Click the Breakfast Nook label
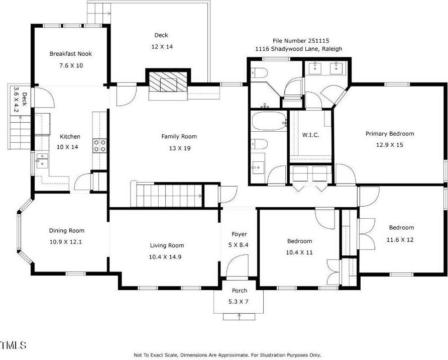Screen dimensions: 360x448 70,54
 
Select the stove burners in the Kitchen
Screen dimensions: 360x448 99,146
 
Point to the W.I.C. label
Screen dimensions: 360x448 310,135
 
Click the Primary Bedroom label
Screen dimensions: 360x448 389,134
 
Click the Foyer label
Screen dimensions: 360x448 239,234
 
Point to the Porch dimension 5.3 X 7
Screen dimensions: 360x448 239,302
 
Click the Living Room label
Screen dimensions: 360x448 167,245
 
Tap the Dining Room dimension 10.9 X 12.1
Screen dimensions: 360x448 66,242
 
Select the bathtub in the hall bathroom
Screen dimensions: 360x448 267,122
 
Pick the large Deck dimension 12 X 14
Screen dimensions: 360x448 161,46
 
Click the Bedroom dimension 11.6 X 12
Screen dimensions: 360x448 400,240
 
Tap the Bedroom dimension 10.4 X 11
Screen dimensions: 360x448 299,252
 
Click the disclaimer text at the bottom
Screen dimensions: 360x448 227,355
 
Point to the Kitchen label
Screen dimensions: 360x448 70,137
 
